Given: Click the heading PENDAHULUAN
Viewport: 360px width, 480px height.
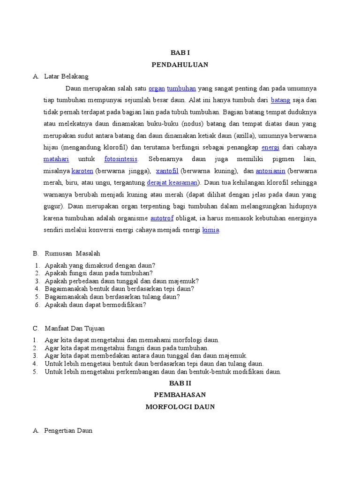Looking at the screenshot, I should (x=180, y=65).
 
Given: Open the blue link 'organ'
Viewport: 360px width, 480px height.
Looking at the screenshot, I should (x=156, y=88).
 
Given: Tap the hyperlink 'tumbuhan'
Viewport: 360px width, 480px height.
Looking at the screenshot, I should (x=181, y=88).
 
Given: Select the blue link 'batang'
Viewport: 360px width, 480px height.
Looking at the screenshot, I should (x=281, y=100).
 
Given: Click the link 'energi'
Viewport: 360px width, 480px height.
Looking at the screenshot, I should (x=270, y=147).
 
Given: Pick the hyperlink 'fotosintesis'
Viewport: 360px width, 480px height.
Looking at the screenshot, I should (x=121, y=159).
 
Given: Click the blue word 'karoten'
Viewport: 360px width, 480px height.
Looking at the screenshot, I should (x=82, y=171).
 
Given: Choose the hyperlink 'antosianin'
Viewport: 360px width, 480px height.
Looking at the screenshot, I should (x=270, y=171).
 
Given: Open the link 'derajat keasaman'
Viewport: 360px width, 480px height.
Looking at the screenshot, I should (x=172, y=183).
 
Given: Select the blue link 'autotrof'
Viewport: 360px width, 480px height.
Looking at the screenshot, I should (x=161, y=218).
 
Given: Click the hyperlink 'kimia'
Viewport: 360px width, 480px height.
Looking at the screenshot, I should (x=210, y=230).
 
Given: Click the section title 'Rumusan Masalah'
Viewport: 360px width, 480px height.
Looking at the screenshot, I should (x=72, y=254).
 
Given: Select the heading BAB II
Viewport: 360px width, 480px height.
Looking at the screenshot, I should (x=180, y=383).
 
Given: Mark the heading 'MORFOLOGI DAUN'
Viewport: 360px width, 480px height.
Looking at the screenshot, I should (x=180, y=407).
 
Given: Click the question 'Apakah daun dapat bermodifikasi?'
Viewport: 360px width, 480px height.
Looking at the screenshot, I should (x=96, y=305).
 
